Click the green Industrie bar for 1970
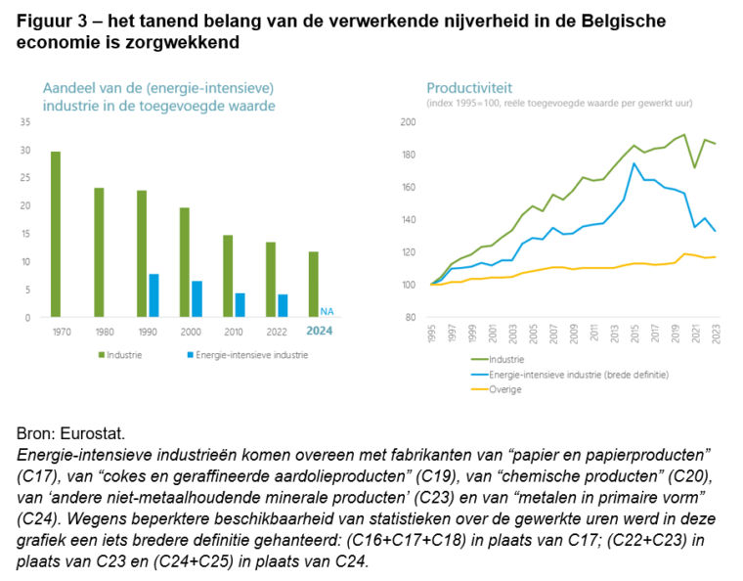(x=56, y=235)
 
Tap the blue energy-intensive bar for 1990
(x=153, y=295)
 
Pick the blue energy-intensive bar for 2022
(x=283, y=305)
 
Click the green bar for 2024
(x=313, y=285)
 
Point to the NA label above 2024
(x=327, y=311)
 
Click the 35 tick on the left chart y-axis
(x=25, y=122)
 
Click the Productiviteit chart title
(x=469, y=86)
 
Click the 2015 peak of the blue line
(x=634, y=163)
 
